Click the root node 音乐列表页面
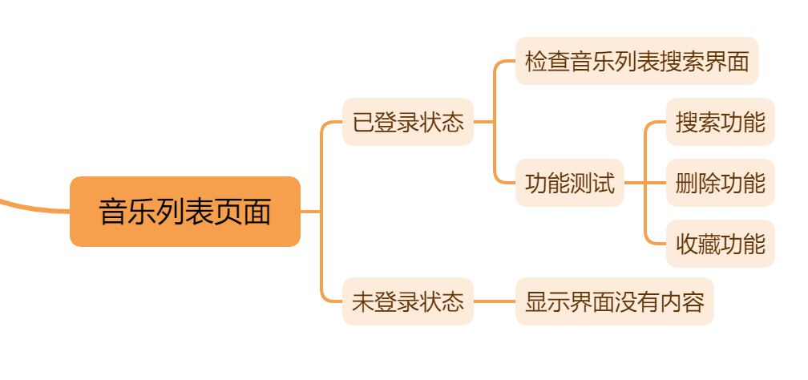tap(185, 212)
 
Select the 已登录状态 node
tap(408, 122)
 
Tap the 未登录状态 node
tap(408, 301)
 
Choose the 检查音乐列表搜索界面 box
tap(637, 61)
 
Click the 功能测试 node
tap(570, 183)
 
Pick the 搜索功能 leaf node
tap(721, 122)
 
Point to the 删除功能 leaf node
tap(721, 183)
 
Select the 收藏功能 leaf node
tap(721, 244)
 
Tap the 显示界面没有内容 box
tap(615, 301)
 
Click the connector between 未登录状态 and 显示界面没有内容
tap(495, 301)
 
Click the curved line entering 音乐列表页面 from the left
tap(32, 205)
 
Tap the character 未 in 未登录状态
tap(363, 301)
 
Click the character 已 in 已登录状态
tap(363, 122)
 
